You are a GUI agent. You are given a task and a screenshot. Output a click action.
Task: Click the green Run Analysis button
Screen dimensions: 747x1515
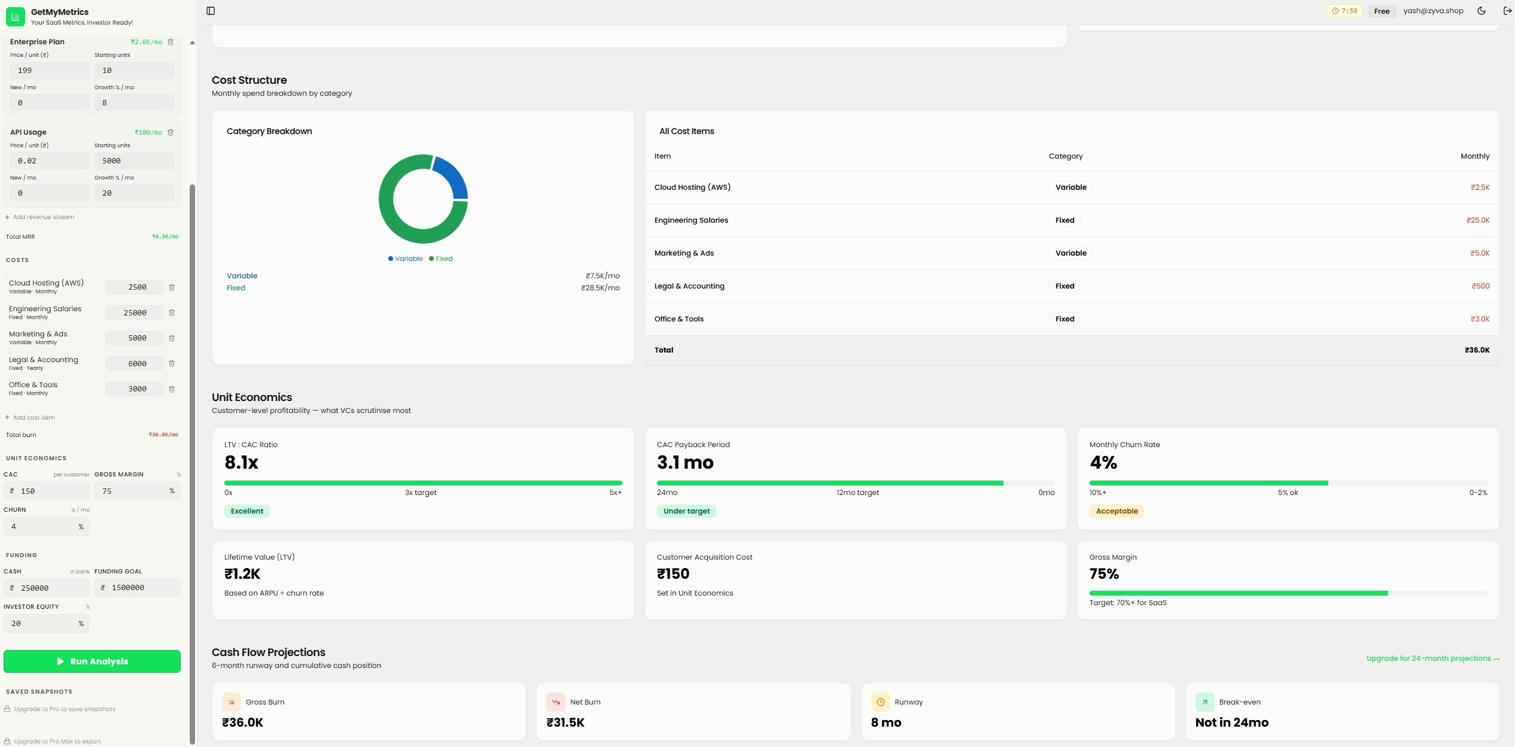[x=92, y=661]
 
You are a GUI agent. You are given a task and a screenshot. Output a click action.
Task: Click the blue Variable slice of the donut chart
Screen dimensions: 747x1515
[x=454, y=177]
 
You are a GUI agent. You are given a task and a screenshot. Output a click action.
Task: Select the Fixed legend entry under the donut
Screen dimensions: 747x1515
[x=441, y=259]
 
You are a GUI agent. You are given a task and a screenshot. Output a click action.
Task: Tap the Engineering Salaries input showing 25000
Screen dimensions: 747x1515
[x=135, y=313]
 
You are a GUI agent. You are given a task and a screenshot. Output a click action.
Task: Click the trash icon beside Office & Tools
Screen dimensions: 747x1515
[x=172, y=389]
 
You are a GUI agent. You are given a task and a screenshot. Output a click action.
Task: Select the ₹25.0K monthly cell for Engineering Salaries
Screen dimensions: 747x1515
[x=1477, y=220]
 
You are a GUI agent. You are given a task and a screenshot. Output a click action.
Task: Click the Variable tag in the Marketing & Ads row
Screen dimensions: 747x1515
[x=1070, y=253]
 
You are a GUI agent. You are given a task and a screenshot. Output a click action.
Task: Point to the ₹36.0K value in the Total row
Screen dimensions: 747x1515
[x=1477, y=350]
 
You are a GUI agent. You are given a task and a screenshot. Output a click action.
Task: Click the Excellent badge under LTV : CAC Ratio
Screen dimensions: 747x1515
[x=247, y=511]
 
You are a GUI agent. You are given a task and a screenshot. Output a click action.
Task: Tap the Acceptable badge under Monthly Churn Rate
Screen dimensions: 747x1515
[x=1117, y=511]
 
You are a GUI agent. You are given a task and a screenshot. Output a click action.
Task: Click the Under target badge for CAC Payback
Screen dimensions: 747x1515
[x=686, y=511]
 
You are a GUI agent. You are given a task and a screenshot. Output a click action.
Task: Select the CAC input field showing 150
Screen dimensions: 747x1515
[x=48, y=491]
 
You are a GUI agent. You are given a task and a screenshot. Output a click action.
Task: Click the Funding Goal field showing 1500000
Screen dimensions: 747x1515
[x=138, y=588]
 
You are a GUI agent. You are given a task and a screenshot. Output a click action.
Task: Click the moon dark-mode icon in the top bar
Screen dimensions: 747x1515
[x=1481, y=11]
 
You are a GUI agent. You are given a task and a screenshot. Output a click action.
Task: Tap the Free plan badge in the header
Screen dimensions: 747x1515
[x=1382, y=11]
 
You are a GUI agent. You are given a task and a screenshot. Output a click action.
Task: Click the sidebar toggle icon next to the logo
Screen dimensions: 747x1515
[x=211, y=11]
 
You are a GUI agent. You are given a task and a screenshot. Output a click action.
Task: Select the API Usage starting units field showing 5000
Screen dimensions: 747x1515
[x=134, y=161]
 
